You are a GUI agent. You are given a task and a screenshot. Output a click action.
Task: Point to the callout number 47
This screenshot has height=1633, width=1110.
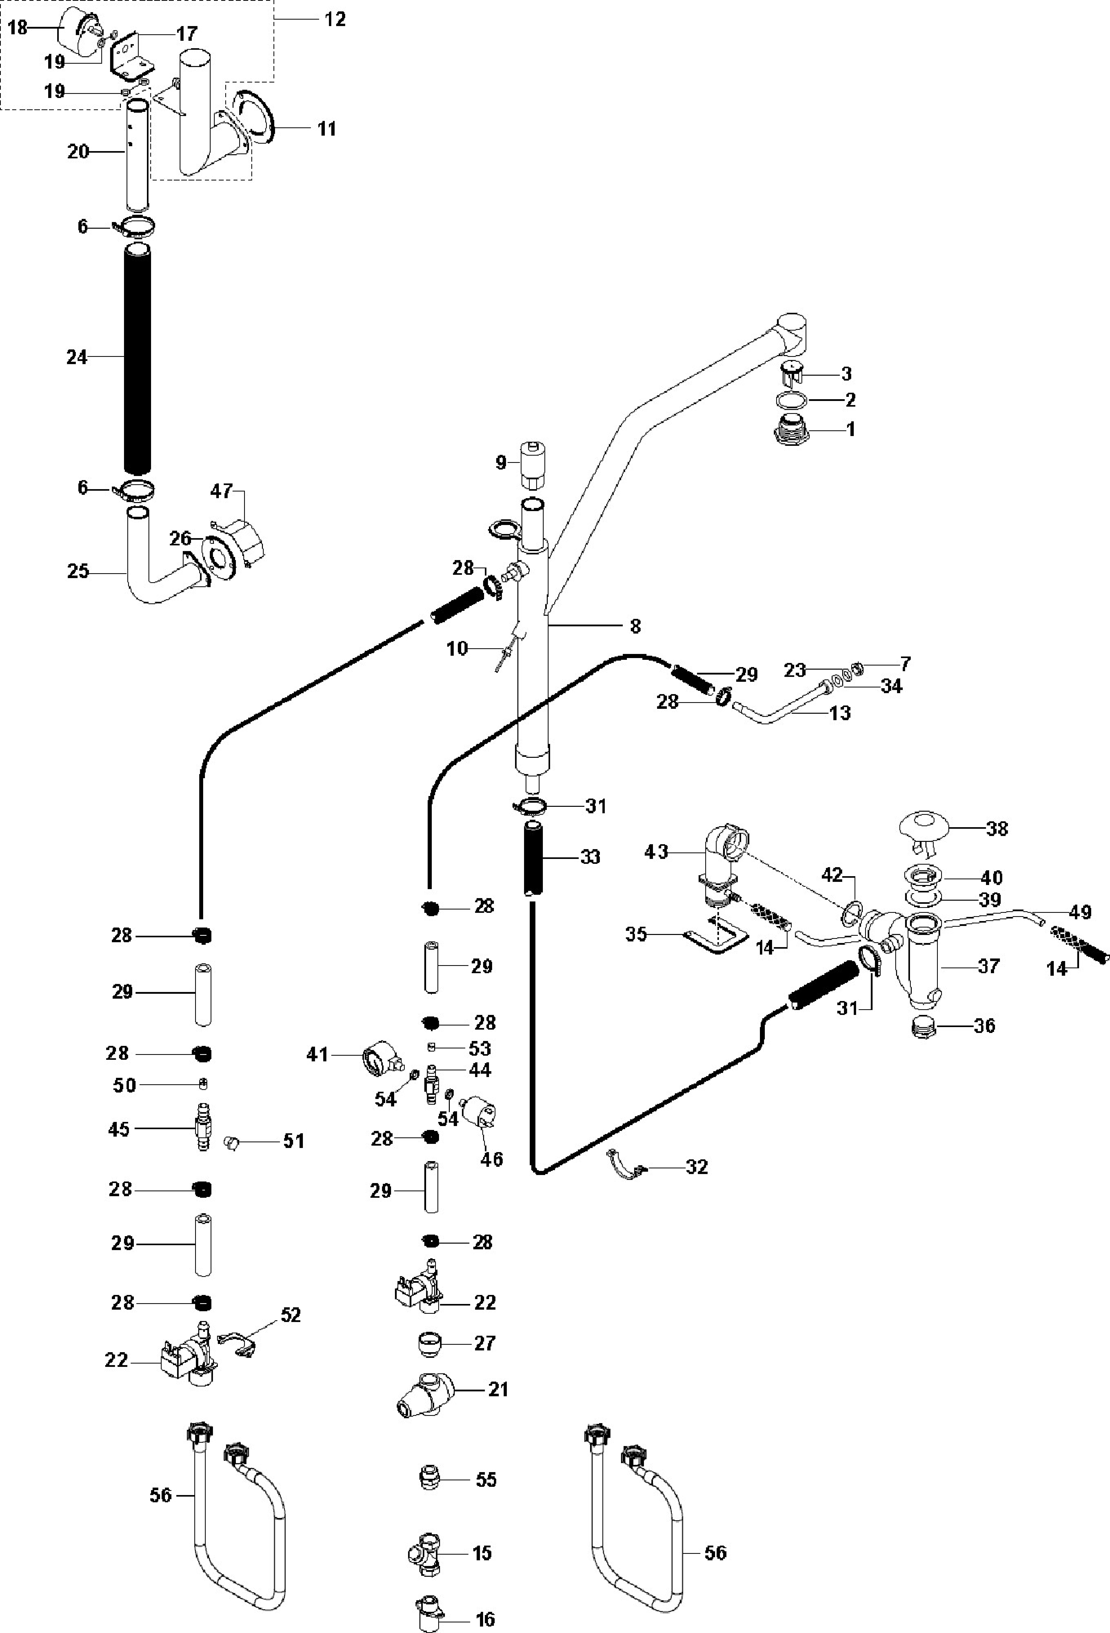[x=221, y=491]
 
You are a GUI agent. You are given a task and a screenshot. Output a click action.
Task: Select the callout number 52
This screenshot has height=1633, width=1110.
[x=291, y=1315]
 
